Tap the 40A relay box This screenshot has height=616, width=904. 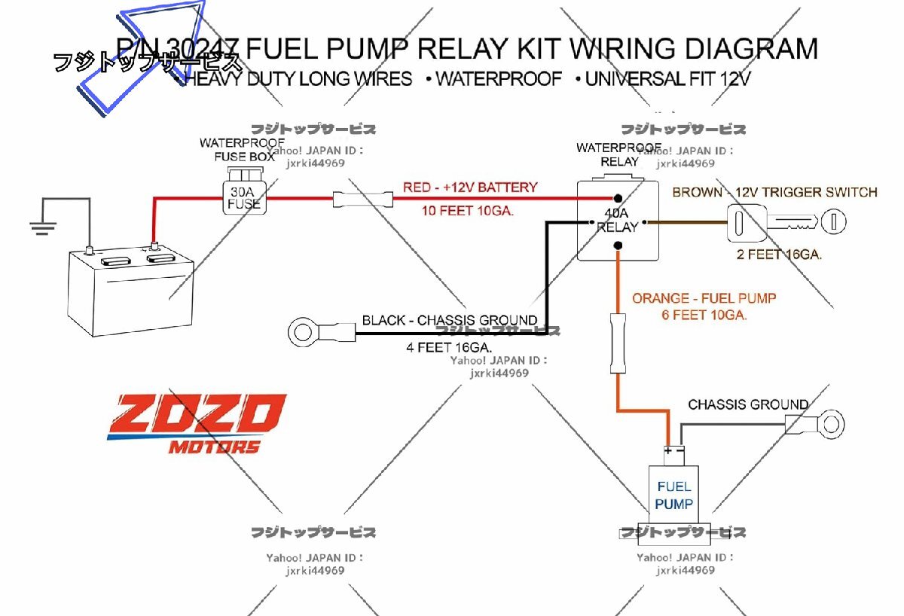[x=617, y=220]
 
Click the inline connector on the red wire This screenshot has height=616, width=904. [x=363, y=199]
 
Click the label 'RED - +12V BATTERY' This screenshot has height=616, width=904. [x=470, y=187]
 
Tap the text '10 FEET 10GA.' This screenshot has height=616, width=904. [x=467, y=211]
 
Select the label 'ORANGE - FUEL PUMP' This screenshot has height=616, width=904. [x=704, y=298]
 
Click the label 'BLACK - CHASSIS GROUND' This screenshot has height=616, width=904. [x=449, y=320]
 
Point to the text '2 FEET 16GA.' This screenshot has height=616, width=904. [x=779, y=255]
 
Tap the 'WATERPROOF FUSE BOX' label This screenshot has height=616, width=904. [x=241, y=150]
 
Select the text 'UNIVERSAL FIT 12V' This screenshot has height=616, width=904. [x=667, y=78]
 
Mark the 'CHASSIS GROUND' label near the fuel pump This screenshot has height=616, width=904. [x=747, y=404]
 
